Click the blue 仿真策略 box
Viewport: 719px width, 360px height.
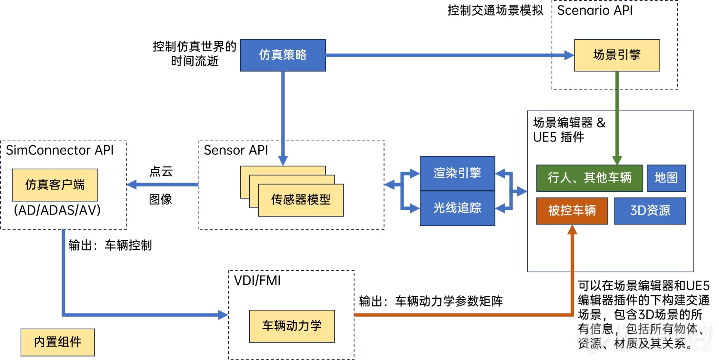283,55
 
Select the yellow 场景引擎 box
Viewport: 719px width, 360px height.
617,55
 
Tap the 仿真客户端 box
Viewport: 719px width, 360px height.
55,185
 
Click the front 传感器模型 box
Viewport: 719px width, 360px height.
301,200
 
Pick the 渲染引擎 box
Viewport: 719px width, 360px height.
457,173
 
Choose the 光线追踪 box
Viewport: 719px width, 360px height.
457,208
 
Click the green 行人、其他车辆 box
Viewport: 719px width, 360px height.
589,178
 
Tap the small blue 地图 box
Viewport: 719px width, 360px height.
666,178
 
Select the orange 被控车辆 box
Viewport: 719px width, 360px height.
572,211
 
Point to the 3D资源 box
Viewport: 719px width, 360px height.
650,211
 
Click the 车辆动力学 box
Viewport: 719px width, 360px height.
292,326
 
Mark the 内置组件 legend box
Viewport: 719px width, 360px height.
58,342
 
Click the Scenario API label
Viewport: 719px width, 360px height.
595,10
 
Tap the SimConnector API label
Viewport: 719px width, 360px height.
60,150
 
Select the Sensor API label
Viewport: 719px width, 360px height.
236,150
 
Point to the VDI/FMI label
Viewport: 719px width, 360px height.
257,281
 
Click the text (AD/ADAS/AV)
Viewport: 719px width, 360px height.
57,210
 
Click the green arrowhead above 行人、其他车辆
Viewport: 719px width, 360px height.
617,160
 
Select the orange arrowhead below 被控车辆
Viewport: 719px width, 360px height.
572,230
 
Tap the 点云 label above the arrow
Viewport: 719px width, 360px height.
161,172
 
